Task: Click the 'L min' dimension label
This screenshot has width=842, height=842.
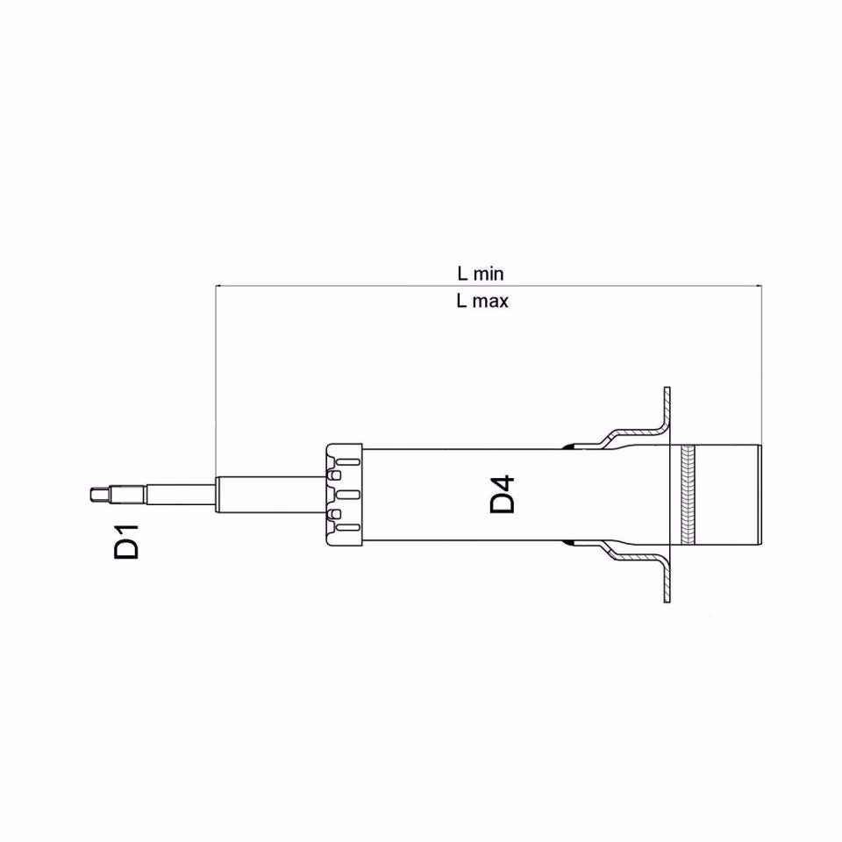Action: [480, 274]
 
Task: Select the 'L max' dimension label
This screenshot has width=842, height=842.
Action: [482, 301]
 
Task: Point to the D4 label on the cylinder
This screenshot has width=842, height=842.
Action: [503, 496]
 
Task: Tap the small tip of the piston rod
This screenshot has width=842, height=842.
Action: [96, 496]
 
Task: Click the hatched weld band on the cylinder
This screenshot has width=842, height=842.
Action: [687, 496]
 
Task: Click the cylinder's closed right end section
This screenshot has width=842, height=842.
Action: [728, 496]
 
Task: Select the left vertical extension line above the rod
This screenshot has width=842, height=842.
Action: [216, 377]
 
